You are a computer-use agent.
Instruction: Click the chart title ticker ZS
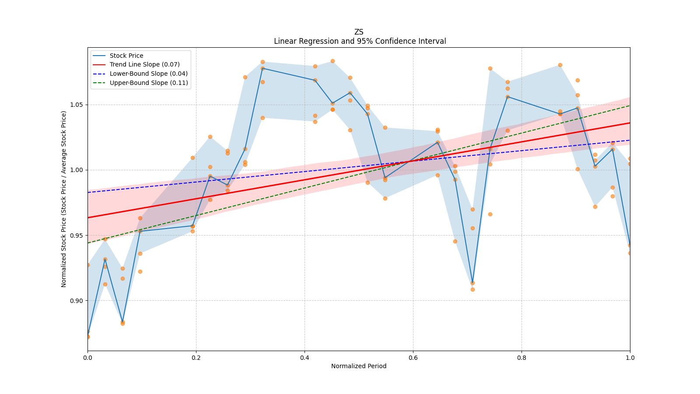pyautogui.click(x=358, y=32)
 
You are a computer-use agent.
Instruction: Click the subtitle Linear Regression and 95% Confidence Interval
pyautogui.click(x=360, y=41)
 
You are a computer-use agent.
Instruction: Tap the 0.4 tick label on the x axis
pyautogui.click(x=304, y=358)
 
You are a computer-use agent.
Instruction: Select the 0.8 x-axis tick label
pyautogui.click(x=521, y=358)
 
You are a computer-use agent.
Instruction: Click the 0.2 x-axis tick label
pyautogui.click(x=196, y=358)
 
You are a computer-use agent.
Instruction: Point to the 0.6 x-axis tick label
pyautogui.click(x=413, y=358)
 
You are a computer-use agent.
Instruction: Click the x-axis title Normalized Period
pyautogui.click(x=359, y=366)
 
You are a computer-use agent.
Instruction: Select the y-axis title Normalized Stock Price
pyautogui.click(x=63, y=199)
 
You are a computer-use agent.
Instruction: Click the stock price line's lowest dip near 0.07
pyautogui.click(x=122, y=322)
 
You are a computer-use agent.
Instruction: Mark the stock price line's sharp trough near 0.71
pyautogui.click(x=472, y=283)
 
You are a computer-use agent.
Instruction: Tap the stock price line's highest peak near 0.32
pyautogui.click(x=262, y=68)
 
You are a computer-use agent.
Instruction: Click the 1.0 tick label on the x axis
pyautogui.click(x=630, y=358)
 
